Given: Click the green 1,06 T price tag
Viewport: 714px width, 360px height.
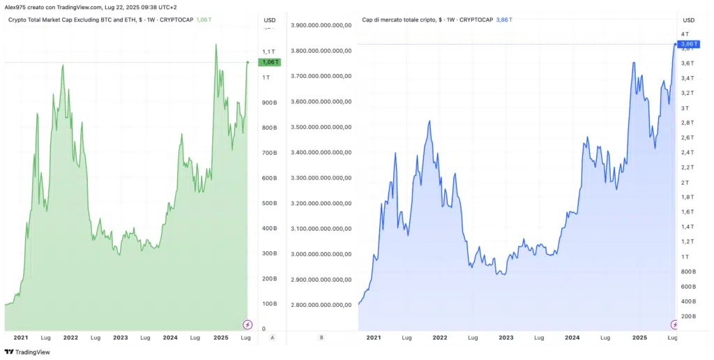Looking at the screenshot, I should (269, 62).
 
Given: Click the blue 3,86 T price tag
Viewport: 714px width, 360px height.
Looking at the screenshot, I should (687, 44).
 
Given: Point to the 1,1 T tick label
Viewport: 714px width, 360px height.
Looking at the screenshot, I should (268, 52).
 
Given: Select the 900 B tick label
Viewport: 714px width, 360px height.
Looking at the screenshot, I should (269, 103).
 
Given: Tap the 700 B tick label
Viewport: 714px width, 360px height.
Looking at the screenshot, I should (269, 153).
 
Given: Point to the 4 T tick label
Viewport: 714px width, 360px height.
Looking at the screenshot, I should (685, 33).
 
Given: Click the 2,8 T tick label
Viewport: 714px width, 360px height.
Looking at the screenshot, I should (686, 123).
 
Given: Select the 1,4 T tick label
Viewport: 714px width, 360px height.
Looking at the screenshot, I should (686, 227).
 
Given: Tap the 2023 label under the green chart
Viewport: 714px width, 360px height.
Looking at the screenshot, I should (120, 338).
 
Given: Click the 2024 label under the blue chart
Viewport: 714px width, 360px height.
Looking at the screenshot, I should (572, 338).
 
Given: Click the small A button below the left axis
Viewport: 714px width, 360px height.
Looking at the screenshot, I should (272, 338).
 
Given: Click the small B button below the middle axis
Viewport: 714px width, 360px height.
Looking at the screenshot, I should (321, 338).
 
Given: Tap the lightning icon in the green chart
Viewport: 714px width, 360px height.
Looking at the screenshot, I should (247, 324).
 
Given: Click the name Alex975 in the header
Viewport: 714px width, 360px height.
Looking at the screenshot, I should (15, 6).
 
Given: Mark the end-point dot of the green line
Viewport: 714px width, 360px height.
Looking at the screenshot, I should (248, 62).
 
